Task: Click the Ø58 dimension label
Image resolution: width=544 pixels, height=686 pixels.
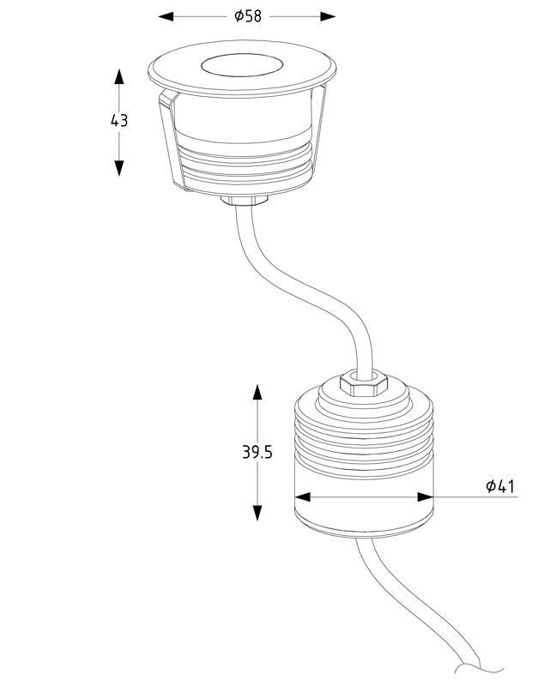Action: click(x=248, y=16)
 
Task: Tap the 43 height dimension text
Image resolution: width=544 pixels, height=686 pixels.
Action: click(x=119, y=120)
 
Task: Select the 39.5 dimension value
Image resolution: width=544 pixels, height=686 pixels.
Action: click(x=257, y=452)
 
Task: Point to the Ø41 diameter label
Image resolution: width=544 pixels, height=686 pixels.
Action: click(x=500, y=485)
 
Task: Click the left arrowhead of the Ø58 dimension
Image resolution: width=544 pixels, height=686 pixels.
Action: click(x=166, y=16)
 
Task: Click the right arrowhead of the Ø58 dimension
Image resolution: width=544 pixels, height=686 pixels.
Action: click(x=328, y=16)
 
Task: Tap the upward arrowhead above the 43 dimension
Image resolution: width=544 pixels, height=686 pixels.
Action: click(x=119, y=76)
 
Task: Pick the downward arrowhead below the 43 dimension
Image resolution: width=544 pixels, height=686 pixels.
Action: click(x=119, y=168)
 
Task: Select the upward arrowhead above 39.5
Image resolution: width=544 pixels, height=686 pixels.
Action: click(x=257, y=393)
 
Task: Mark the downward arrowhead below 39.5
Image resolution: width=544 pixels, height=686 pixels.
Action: click(x=257, y=513)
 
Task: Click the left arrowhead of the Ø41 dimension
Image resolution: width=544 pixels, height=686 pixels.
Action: click(x=303, y=497)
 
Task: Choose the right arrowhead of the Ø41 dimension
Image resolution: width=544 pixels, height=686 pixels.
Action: click(x=426, y=497)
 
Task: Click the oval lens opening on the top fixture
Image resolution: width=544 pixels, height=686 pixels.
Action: click(x=242, y=67)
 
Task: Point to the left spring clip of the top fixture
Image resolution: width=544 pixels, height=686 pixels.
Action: click(x=172, y=140)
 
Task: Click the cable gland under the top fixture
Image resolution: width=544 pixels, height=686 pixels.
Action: click(x=245, y=201)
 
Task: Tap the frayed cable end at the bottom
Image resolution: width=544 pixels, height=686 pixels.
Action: click(x=480, y=678)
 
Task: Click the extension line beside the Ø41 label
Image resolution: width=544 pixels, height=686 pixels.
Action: click(x=475, y=497)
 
